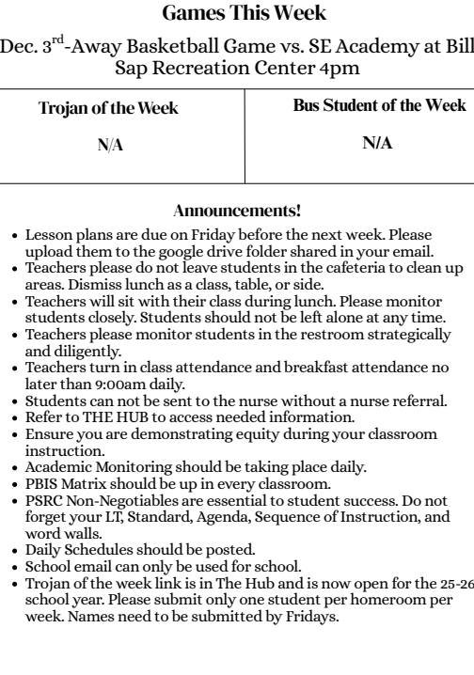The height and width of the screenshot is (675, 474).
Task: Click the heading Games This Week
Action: (x=237, y=13)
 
